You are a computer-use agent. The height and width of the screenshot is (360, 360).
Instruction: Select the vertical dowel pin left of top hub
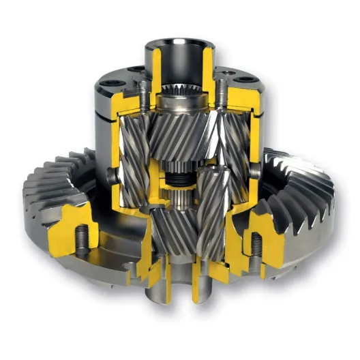click(145, 92)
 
